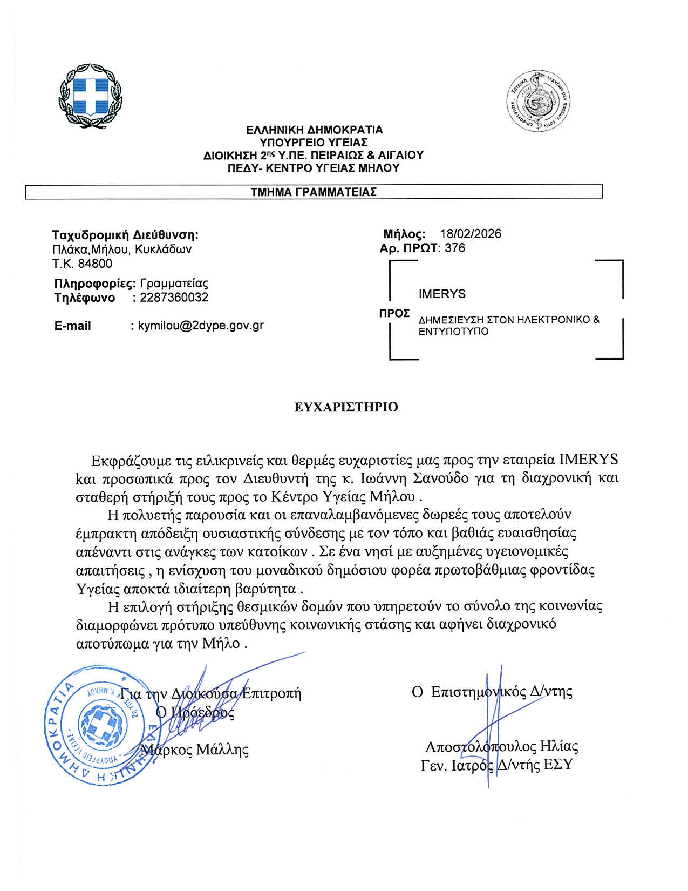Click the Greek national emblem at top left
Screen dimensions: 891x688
pos(90,97)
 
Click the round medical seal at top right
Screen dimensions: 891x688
pos(539,101)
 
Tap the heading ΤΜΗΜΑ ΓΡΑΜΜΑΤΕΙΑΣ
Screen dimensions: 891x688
pos(314,192)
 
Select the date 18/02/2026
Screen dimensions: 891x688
pos(471,234)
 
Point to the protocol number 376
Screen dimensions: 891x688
pos(455,248)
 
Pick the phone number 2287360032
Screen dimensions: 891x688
pos(174,298)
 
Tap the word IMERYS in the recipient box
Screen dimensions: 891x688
pos(441,294)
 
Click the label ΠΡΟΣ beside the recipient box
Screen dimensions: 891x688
pos(394,313)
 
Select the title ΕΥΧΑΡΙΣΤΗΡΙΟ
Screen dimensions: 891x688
pos(346,407)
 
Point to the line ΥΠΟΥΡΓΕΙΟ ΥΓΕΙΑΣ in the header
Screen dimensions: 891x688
pos(314,143)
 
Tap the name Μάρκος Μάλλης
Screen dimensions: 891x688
pos(195,750)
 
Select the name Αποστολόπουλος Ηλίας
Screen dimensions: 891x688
pos(501,747)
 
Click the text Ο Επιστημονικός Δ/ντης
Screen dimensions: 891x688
pos(492,692)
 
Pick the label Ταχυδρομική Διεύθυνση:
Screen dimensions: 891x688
pos(125,235)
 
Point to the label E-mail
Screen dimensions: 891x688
pos(72,326)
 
